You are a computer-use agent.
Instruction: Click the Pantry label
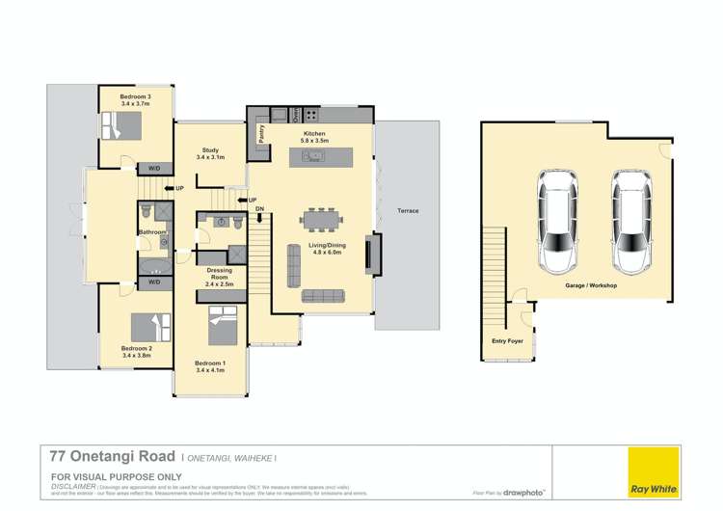259,134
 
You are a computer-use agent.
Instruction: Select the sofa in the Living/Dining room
322,295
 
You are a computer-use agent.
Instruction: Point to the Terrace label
408,210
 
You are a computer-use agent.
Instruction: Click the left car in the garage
558,222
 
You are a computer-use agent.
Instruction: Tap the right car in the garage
629,222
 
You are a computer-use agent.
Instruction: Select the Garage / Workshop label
591,286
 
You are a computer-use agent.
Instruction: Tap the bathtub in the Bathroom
153,265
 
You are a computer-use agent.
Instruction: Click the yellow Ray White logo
653,472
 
